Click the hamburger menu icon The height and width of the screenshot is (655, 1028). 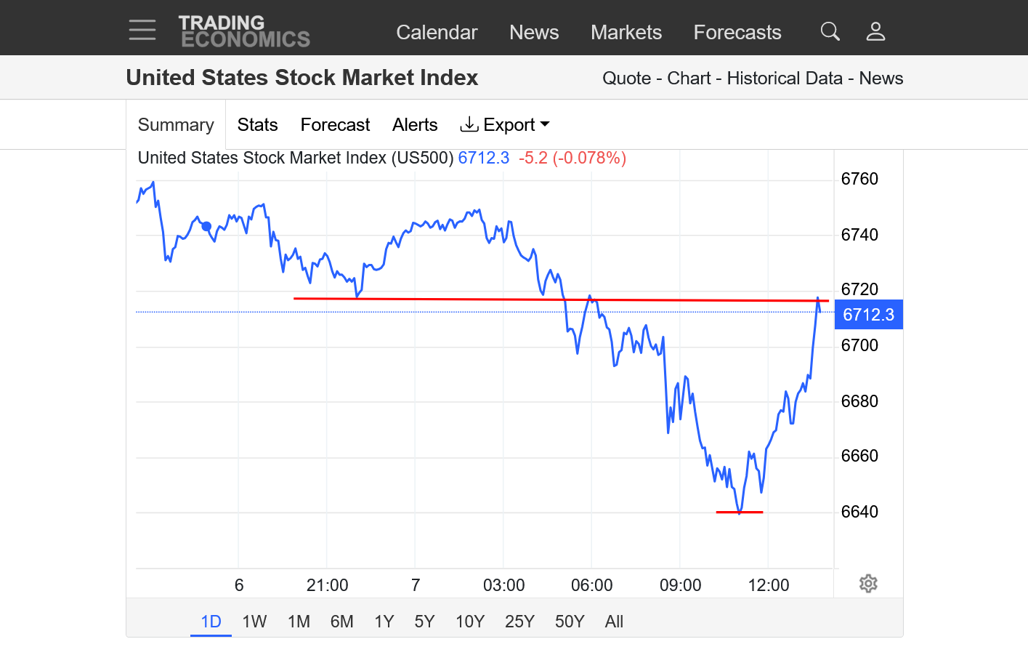[x=142, y=30]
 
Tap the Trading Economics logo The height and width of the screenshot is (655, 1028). [x=244, y=32]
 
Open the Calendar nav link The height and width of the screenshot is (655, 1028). [x=437, y=33]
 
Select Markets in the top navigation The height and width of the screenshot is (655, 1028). [x=626, y=33]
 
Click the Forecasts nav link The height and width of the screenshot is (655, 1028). [x=737, y=33]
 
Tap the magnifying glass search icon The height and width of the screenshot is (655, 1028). [x=830, y=31]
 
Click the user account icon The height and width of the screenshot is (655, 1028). [x=875, y=31]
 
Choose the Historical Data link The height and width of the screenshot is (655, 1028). [x=785, y=79]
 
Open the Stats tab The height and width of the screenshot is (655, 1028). [x=257, y=125]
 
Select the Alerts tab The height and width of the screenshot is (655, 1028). [x=415, y=125]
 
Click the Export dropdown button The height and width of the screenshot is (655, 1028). [x=505, y=125]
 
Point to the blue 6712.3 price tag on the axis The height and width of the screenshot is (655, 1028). [x=868, y=315]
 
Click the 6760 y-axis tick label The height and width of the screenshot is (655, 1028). [x=859, y=179]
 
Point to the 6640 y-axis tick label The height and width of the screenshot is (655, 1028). [x=859, y=512]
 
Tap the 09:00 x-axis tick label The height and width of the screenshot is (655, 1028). [x=680, y=585]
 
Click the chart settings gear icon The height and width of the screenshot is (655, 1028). [x=868, y=584]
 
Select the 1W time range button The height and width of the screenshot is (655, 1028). [x=254, y=622]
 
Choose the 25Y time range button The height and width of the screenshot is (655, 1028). [x=519, y=622]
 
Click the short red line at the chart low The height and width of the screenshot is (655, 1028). [x=740, y=513]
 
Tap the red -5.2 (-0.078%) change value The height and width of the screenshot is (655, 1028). [x=572, y=158]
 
